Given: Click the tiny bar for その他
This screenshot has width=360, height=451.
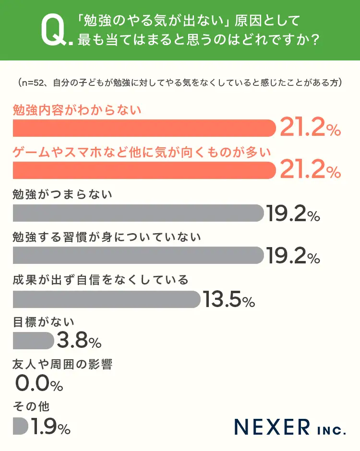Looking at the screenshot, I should coord(21,426).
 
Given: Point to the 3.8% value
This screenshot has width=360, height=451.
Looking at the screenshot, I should coord(79,342).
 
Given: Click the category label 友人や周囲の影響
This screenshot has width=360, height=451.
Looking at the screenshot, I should coord(62,364).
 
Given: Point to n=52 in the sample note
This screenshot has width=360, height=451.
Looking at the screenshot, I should coord(32,83).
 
